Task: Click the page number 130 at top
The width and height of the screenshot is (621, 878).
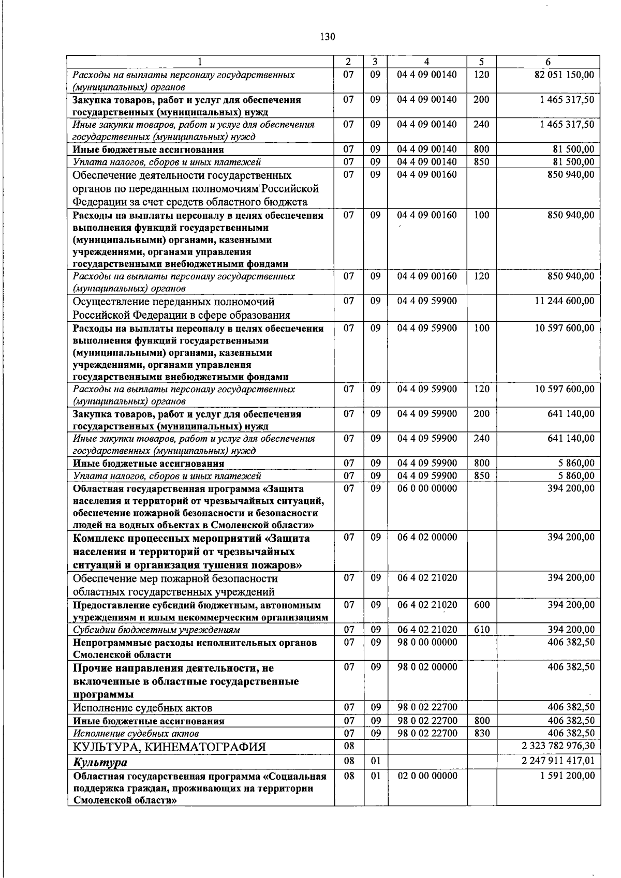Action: click(x=328, y=37)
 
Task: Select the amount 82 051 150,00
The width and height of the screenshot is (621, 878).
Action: click(x=564, y=75)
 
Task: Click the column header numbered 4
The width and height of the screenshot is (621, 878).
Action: click(x=427, y=62)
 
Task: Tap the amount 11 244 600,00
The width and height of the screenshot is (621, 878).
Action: click(x=564, y=301)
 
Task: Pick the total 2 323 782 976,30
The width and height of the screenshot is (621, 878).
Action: click(x=559, y=746)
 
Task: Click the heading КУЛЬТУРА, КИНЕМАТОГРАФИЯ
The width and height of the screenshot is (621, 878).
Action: click(x=169, y=747)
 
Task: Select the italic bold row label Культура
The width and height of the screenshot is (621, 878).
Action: click(x=100, y=762)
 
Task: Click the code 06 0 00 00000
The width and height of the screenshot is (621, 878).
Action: click(x=427, y=488)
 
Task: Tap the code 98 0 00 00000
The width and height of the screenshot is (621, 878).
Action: click(x=427, y=642)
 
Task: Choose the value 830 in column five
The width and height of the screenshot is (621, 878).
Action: click(x=481, y=733)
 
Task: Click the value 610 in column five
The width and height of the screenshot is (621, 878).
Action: click(x=481, y=630)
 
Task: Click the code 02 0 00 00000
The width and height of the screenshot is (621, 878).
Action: click(x=427, y=776)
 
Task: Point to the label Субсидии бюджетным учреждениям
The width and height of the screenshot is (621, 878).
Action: click(x=156, y=630)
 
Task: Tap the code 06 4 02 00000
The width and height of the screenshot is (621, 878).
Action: click(x=427, y=537)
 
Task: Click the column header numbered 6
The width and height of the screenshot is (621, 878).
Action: click(x=548, y=62)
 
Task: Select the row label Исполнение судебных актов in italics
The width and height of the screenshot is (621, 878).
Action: click(x=136, y=734)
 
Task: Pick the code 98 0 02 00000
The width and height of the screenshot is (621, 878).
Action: click(x=427, y=667)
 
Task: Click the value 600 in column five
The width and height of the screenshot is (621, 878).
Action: click(x=481, y=605)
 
